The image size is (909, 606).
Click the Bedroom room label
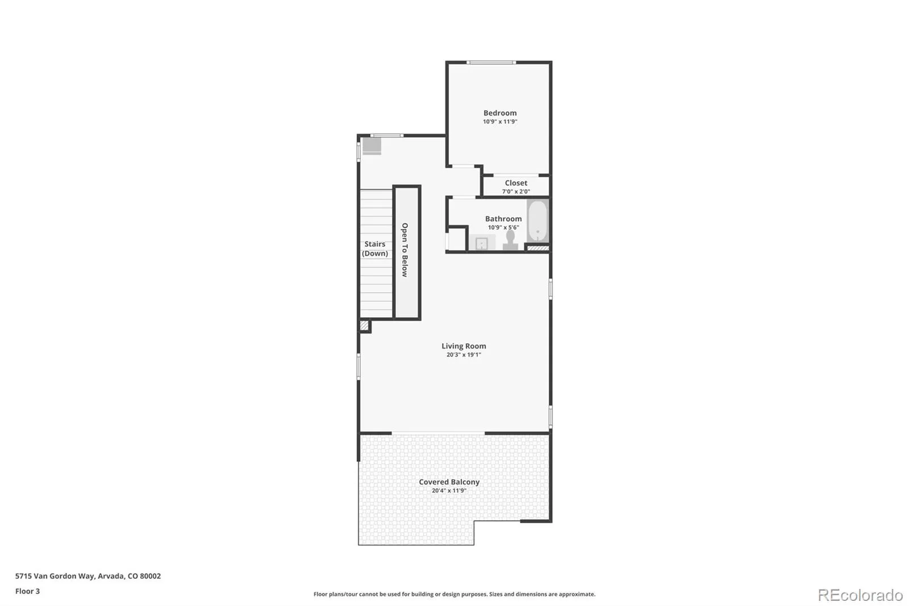500,113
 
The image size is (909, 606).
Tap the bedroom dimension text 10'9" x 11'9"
500,122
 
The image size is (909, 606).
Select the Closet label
516,183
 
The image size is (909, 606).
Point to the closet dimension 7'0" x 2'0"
516,192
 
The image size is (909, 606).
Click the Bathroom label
503,218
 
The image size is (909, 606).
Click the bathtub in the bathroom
537,221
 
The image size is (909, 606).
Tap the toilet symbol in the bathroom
510,240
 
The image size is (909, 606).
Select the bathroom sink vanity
482,243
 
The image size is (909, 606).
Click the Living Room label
464,346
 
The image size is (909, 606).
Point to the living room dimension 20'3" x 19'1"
464,355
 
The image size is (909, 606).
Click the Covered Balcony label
449,482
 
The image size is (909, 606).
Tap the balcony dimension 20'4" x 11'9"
449,490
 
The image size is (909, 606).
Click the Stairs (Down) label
374,248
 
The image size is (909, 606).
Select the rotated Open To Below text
405,250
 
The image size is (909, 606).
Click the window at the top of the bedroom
491,63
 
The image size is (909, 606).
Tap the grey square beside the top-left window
372,146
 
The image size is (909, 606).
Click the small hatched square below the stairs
364,325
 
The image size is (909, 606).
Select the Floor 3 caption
28,591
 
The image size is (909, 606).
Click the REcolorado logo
860,595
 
